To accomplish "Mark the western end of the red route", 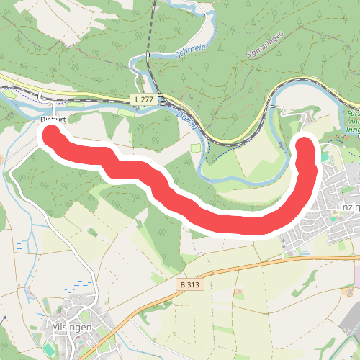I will coord(52,134).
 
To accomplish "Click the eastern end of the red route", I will coord(307,146).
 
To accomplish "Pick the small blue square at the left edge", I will coord(4,318).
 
